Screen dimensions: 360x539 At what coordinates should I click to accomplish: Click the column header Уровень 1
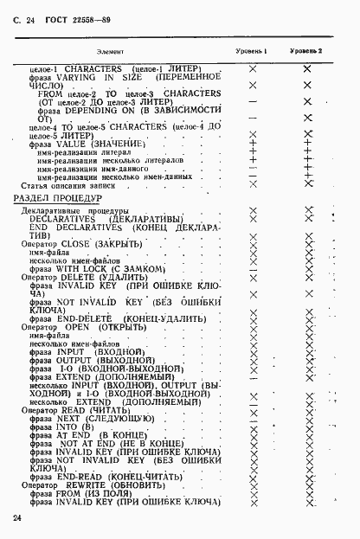pos(252,51)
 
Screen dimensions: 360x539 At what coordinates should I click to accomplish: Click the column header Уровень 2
pos(305,51)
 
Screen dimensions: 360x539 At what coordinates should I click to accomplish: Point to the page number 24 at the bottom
pos(19,517)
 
